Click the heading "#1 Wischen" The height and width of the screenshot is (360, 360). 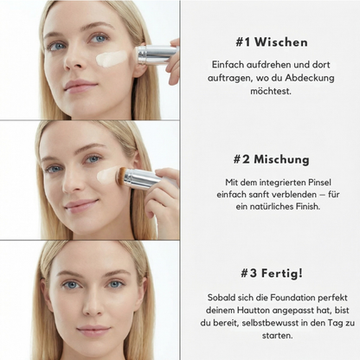pos(271,42)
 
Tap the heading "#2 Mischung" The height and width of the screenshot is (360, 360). pos(271,159)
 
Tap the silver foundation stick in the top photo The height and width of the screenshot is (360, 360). pos(155,54)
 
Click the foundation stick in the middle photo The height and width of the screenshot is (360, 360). pos(141,179)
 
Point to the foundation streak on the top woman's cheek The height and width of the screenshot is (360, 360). pos(112,59)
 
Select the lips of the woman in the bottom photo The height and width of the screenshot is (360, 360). pos(93,331)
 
